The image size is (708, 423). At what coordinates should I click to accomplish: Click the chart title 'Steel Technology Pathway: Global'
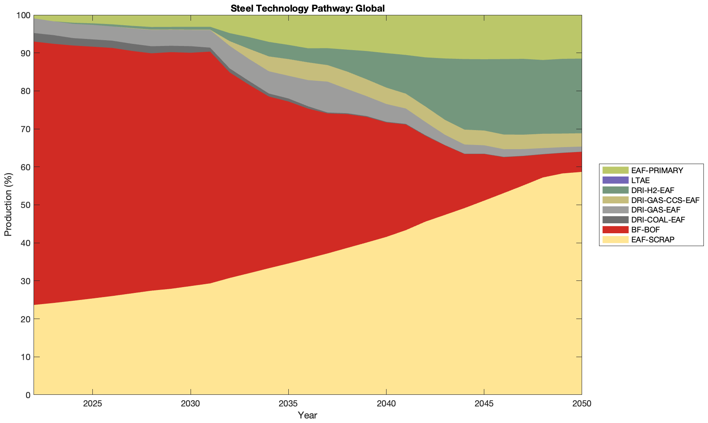[x=307, y=8]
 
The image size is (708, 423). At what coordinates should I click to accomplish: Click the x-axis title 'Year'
[x=307, y=415]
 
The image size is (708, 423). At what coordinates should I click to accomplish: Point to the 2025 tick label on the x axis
[x=92, y=404]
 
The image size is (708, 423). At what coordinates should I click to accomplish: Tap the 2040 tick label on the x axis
[x=386, y=404]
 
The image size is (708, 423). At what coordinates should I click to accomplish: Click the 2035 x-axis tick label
[x=288, y=404]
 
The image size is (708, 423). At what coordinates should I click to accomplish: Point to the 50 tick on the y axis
[x=26, y=205]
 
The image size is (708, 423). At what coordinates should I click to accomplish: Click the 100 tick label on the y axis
[x=23, y=15]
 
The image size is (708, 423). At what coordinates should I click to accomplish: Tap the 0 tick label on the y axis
[x=28, y=395]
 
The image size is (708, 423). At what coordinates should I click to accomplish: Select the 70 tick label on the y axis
[x=26, y=129]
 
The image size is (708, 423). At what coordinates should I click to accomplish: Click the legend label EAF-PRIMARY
[x=657, y=170]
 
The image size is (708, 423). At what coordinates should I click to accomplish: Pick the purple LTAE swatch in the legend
[x=615, y=180]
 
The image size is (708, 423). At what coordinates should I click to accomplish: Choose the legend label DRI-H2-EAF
[x=652, y=190]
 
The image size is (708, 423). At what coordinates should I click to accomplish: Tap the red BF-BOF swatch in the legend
[x=615, y=230]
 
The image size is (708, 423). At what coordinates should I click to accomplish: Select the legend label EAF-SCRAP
[x=653, y=239]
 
